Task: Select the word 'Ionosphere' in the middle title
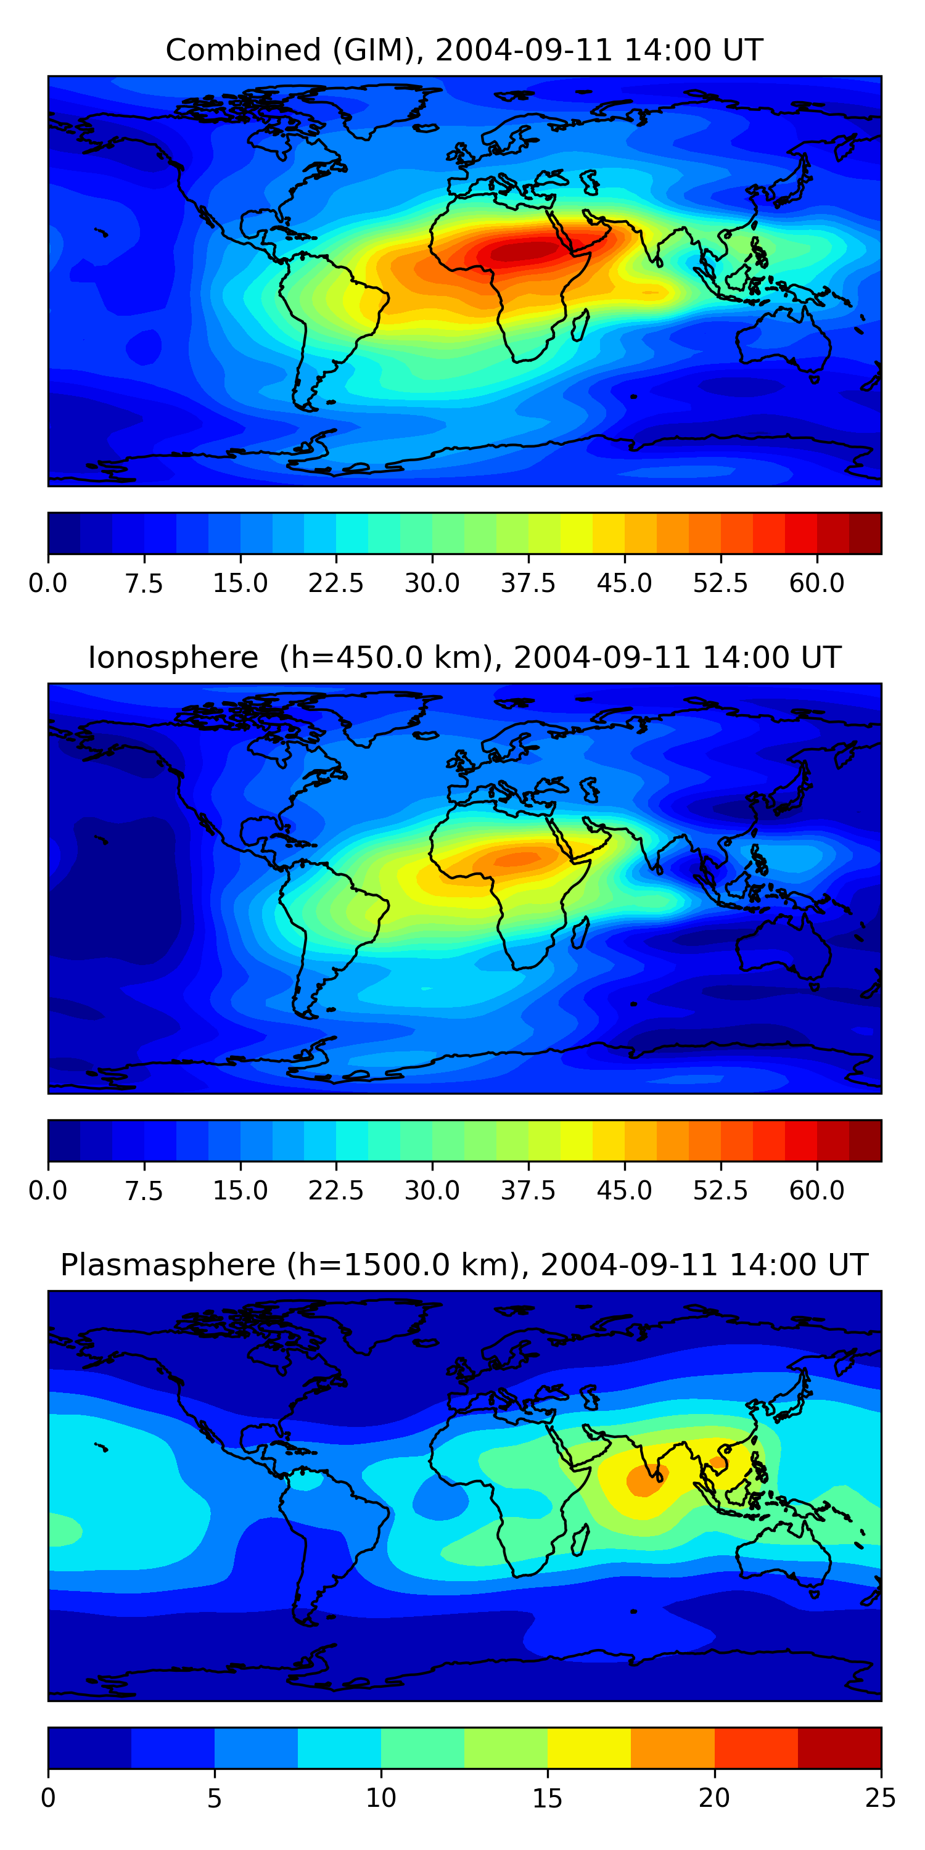pyautogui.click(x=173, y=658)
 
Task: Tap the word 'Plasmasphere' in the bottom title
pyautogui.click(x=167, y=1265)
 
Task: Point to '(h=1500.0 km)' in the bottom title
pyautogui.click(x=402, y=1265)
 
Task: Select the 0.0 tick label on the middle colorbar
pyautogui.click(x=48, y=1190)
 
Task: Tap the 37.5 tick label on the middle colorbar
pyautogui.click(x=528, y=1190)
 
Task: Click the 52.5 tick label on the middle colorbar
pyautogui.click(x=720, y=1190)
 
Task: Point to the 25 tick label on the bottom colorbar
pyautogui.click(x=881, y=1798)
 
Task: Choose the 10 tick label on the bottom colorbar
pyautogui.click(x=380, y=1798)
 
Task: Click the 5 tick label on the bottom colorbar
pyautogui.click(x=214, y=1798)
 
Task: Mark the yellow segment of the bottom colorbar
pyautogui.click(x=589, y=1747)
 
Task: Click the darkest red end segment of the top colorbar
pyautogui.click(x=865, y=533)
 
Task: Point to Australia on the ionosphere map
pyautogui.click(x=783, y=948)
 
